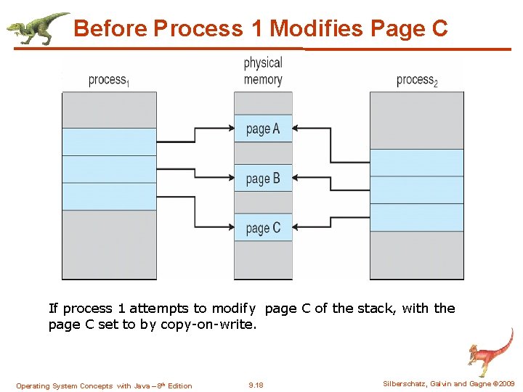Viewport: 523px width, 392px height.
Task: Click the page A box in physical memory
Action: (263, 128)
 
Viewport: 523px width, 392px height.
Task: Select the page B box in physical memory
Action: (263, 178)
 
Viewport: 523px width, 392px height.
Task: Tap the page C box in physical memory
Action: (263, 227)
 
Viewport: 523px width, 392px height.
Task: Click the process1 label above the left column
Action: (108, 80)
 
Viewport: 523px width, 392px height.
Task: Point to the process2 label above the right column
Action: (417, 80)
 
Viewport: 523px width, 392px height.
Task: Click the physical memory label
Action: (263, 71)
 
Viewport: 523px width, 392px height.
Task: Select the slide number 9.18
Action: (256, 385)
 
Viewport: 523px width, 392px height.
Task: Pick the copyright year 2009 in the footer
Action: (506, 383)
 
